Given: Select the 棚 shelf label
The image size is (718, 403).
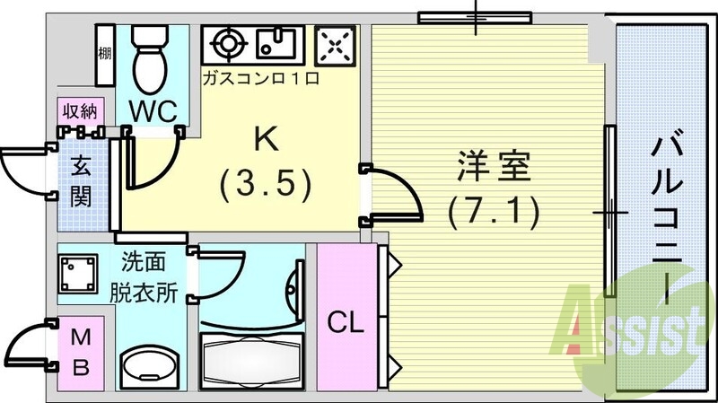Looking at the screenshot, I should (x=105, y=53).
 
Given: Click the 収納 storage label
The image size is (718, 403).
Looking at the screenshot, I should (x=81, y=111).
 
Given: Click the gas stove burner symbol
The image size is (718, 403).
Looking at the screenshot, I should (x=228, y=42).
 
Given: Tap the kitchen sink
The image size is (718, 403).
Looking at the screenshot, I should (x=276, y=42).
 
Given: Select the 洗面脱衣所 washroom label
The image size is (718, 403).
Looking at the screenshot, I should (x=143, y=278).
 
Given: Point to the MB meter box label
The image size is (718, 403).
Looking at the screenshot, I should (x=81, y=352).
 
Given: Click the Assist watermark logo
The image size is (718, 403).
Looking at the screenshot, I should (x=633, y=329).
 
